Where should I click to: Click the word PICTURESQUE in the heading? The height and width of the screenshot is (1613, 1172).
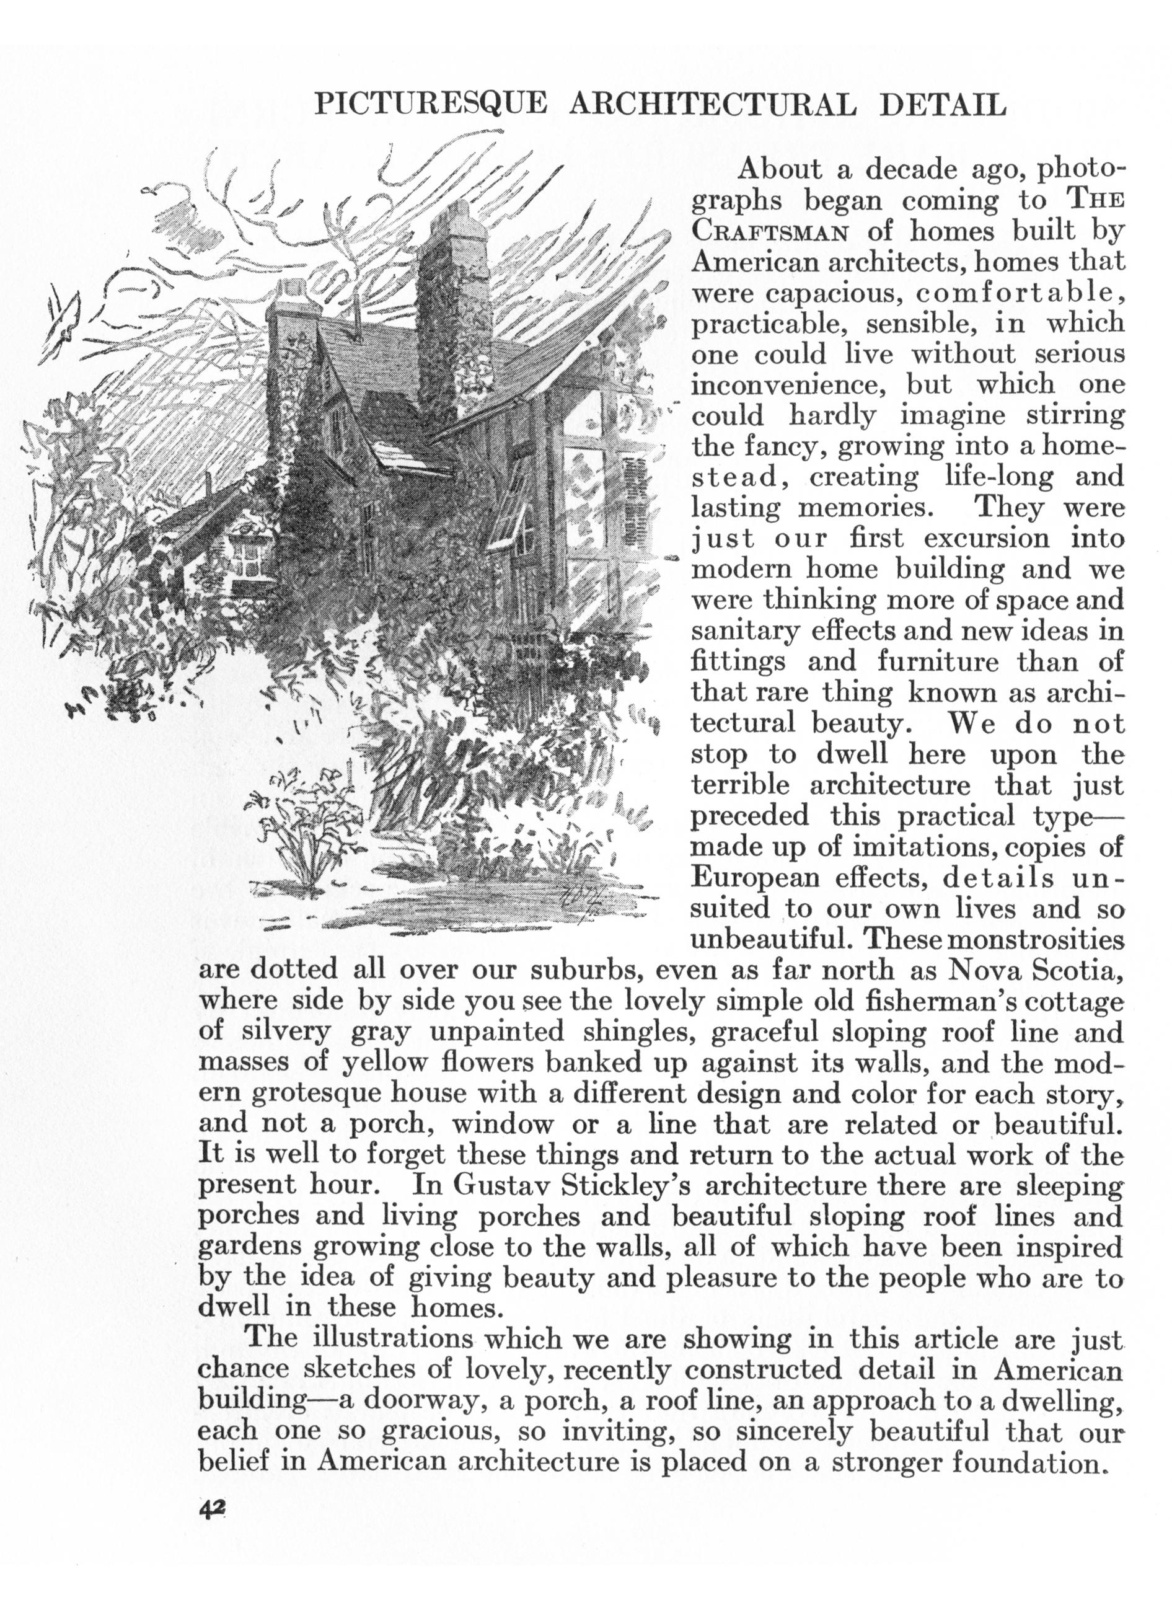[431, 106]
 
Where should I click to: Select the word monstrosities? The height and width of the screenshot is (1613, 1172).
[1037, 940]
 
